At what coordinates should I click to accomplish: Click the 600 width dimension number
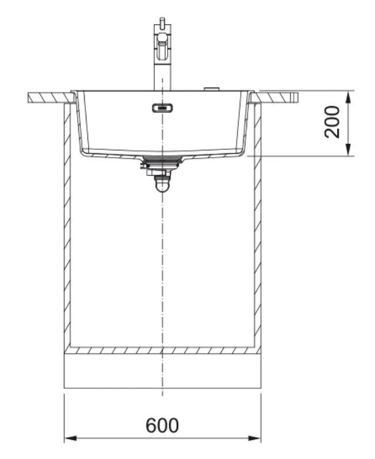coord(162,426)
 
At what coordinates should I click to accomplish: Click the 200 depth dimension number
coord(332,122)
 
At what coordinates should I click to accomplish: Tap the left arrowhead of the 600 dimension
coord(70,438)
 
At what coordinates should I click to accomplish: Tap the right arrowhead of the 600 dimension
coord(255,438)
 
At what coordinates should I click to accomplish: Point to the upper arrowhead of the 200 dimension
coord(348,97)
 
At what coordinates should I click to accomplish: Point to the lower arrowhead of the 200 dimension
coord(348,150)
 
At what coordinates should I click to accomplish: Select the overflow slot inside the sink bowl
coord(162,108)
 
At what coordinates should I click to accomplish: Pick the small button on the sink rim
coord(211,89)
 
